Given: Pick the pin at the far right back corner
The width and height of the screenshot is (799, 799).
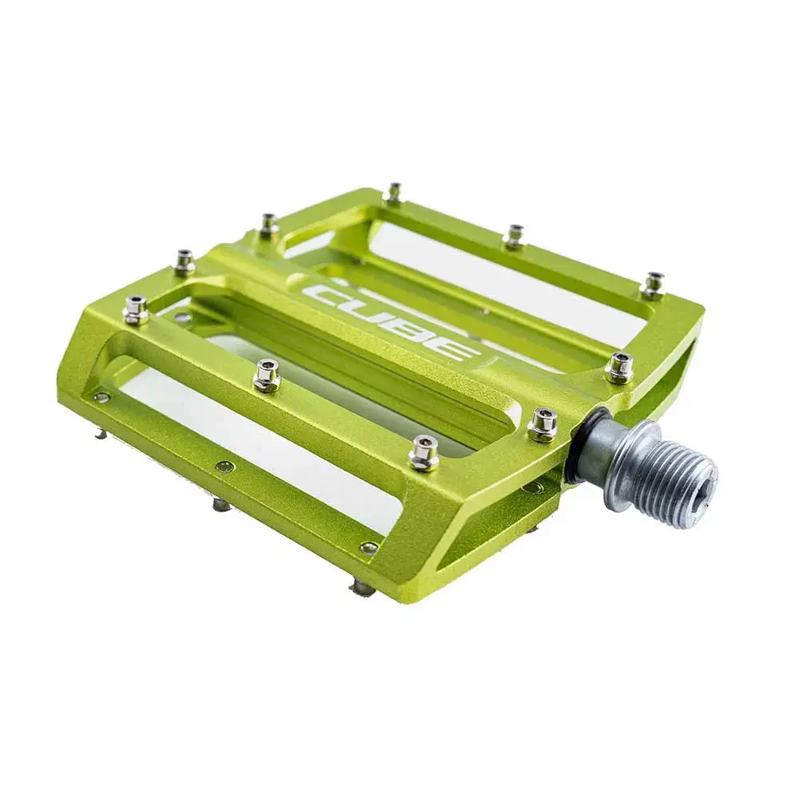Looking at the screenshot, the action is click(654, 284).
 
